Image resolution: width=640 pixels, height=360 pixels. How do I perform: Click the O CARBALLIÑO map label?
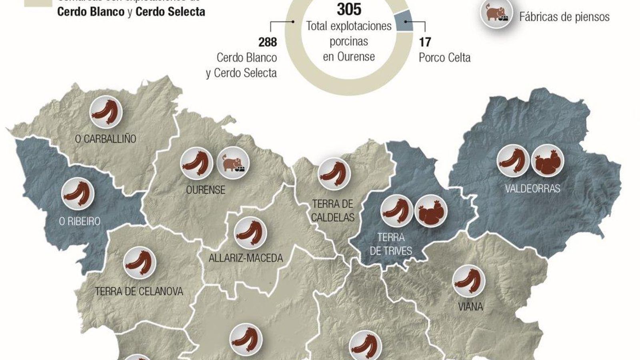[106, 139]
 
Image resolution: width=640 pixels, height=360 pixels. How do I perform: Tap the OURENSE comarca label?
[206, 190]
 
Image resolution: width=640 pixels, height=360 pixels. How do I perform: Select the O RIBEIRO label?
[80, 221]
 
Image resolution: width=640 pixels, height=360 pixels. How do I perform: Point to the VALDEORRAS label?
[532, 188]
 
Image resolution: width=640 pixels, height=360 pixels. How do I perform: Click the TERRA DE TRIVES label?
[391, 244]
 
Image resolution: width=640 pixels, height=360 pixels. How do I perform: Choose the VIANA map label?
[470, 307]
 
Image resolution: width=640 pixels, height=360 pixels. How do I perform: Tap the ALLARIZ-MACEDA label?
[246, 258]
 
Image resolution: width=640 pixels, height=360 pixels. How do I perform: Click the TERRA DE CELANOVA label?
[139, 291]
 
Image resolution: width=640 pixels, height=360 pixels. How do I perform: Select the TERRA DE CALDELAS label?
[333, 210]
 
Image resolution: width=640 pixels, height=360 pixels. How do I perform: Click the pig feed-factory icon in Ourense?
[233, 163]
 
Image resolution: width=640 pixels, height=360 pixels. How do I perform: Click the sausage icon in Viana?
[469, 280]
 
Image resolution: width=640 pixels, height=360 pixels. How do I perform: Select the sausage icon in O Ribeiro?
[78, 194]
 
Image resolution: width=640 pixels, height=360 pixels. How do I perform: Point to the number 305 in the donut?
[349, 9]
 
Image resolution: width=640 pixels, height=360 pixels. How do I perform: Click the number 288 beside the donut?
[268, 42]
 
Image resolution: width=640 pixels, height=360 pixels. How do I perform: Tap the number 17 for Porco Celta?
[425, 42]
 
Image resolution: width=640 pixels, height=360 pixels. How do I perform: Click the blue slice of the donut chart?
[403, 21]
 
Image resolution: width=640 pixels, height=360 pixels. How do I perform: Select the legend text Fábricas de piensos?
[564, 17]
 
